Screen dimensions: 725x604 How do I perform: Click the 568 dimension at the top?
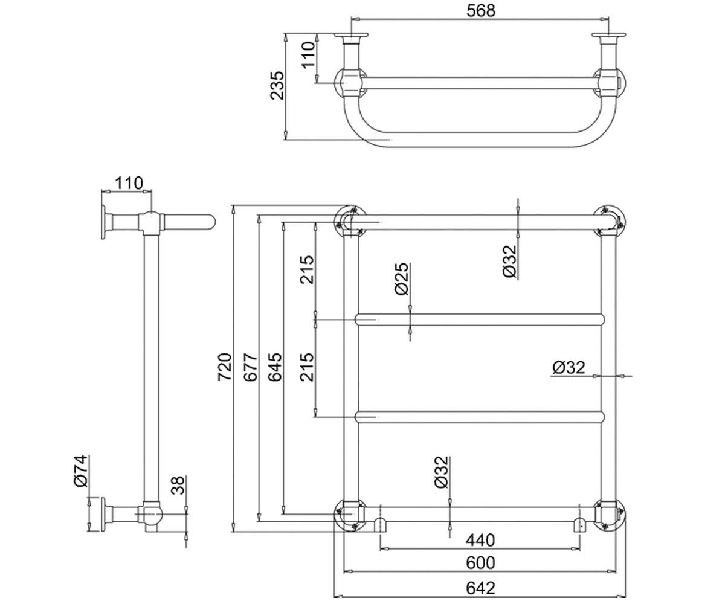click(x=480, y=11)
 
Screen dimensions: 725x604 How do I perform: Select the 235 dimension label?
click(x=277, y=86)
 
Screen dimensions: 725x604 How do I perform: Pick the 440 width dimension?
click(x=480, y=540)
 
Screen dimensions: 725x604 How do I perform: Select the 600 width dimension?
click(x=480, y=563)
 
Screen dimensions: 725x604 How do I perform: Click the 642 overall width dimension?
click(x=480, y=588)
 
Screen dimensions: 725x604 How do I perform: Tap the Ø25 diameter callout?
click(x=402, y=278)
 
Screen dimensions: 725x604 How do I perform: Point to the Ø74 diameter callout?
click(x=80, y=471)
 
